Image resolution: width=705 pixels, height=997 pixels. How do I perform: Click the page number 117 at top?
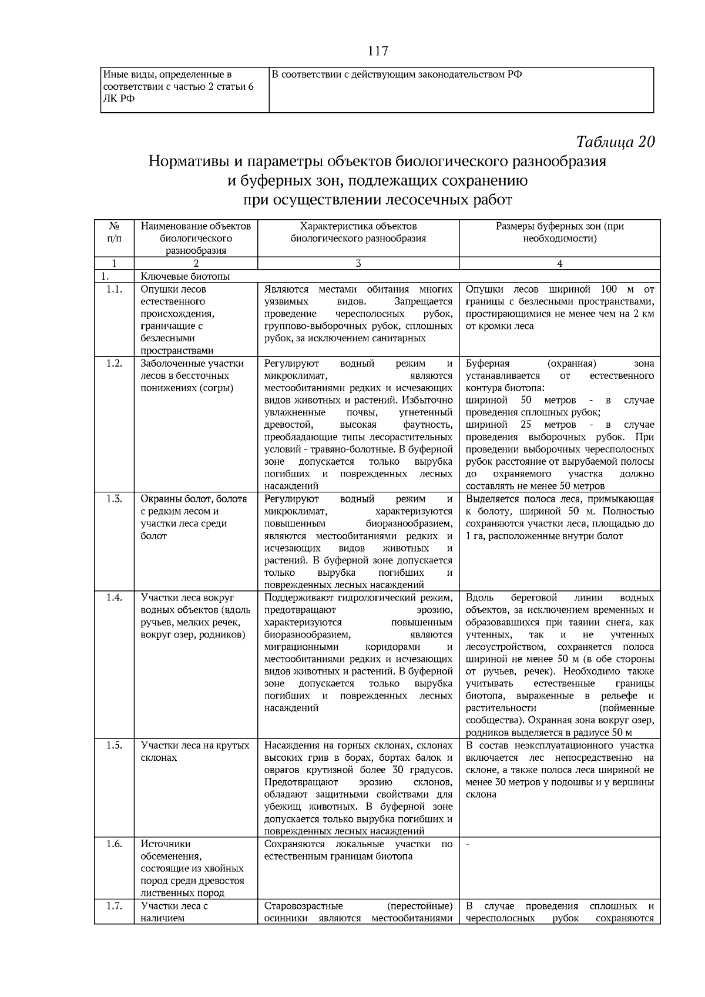[377, 51]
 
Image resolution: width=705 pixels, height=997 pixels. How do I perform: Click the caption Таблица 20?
[615, 142]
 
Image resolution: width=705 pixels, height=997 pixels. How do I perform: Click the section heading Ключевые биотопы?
[185, 276]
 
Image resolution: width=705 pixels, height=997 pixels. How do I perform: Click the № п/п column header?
[114, 232]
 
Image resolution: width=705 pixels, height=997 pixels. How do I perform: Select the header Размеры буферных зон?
[559, 232]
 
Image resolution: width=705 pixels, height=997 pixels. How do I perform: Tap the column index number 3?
[358, 264]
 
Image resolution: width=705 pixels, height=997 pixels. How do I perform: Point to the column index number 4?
[559, 264]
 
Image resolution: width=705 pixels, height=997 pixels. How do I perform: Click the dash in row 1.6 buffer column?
[467, 844]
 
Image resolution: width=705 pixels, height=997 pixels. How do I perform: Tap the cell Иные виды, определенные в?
[167, 75]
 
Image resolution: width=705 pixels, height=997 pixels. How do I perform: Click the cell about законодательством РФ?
[397, 75]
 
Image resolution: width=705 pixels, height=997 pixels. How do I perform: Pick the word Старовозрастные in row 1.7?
[304, 906]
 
